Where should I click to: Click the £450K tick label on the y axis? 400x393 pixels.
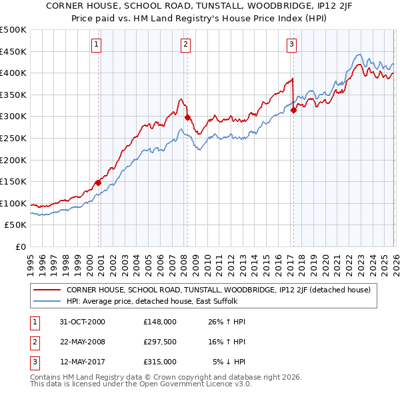point(13,51)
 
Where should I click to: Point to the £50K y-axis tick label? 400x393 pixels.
point(16,225)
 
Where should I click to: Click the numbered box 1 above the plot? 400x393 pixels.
point(97,45)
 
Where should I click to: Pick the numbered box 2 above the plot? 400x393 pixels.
point(185,45)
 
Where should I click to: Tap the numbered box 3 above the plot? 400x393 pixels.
point(292,45)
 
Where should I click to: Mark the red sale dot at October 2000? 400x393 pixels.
point(98,182)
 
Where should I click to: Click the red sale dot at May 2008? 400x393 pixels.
point(187,117)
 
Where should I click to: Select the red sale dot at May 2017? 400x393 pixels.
point(293,110)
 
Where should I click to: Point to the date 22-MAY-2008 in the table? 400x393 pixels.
point(82,342)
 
